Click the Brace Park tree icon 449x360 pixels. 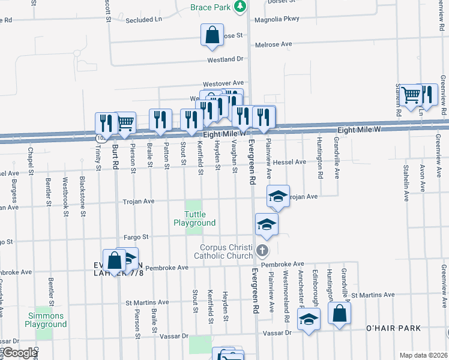(x=241, y=7)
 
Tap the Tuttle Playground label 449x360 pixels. (x=194, y=218)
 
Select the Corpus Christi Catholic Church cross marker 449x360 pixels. (x=262, y=250)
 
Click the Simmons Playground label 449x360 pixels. (x=46, y=320)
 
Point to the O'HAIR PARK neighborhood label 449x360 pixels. (x=393, y=328)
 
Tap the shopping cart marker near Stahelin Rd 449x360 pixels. (x=411, y=95)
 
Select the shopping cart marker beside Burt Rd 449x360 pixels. (x=125, y=123)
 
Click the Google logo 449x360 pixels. (x=19, y=353)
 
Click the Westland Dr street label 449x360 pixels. (x=224, y=59)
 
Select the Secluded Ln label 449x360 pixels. (x=144, y=20)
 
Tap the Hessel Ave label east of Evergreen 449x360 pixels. (x=289, y=162)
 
